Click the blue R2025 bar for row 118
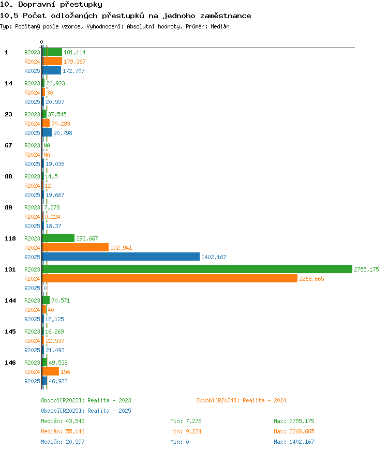[x=121, y=257]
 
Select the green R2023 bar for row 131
[x=197, y=269]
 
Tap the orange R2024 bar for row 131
[x=170, y=278]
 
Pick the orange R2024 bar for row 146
[x=51, y=371]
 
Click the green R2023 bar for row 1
[x=52, y=52]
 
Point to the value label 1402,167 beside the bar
[x=214, y=257]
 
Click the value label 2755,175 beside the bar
[x=366, y=269]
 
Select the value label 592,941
[x=121, y=248]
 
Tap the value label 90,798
[x=63, y=133]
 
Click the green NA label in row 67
[x=47, y=145]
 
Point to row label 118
[x=10, y=238]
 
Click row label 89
[x=9, y=207]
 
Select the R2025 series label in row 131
[x=32, y=288]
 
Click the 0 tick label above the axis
[x=42, y=42]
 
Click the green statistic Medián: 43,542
[x=63, y=421]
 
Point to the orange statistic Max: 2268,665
[x=294, y=431]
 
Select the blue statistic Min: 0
[x=180, y=442]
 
